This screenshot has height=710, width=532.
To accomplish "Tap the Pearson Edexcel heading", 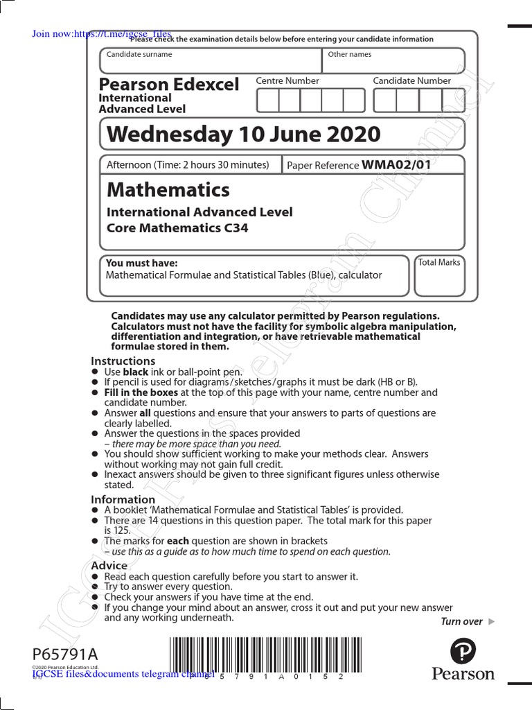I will coord(169,85).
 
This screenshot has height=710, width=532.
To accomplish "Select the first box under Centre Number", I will coord(267,101).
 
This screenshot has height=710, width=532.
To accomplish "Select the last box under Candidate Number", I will coord(453,101).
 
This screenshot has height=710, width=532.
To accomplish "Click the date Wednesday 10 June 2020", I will coord(244,134).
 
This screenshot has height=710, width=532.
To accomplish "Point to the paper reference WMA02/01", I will coord(396,165).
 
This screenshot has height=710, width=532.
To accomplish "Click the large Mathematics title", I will coord(168,190).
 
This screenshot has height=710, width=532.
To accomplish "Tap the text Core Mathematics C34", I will coord(177,228).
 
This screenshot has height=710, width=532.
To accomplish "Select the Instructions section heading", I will coord(123,361).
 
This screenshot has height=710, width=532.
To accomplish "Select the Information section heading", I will coord(123,499).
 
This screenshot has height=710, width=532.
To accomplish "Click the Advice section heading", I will coord(109,566).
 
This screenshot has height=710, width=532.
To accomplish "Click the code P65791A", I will coord(65,654).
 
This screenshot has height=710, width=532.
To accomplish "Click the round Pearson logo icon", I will coord(463,651).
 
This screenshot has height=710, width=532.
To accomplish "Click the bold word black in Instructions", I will coord(136,372).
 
